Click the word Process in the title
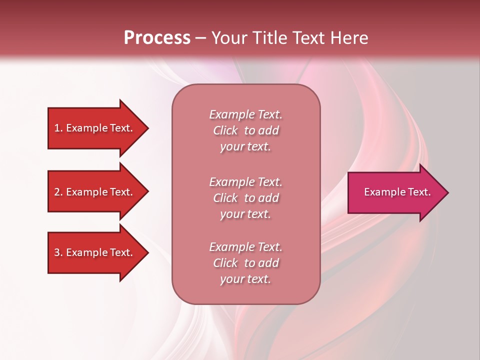[x=157, y=38]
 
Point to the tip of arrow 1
[x=147, y=128]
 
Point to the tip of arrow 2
[x=147, y=192]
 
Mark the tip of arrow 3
[x=147, y=252]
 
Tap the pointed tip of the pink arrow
[x=447, y=192]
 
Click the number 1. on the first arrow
[x=58, y=128]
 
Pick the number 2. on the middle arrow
[x=58, y=192]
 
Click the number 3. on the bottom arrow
[x=58, y=252]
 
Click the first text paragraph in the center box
[x=245, y=130]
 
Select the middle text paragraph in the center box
[x=245, y=198]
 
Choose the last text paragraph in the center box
[x=245, y=263]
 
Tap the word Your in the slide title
[x=228, y=38]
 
